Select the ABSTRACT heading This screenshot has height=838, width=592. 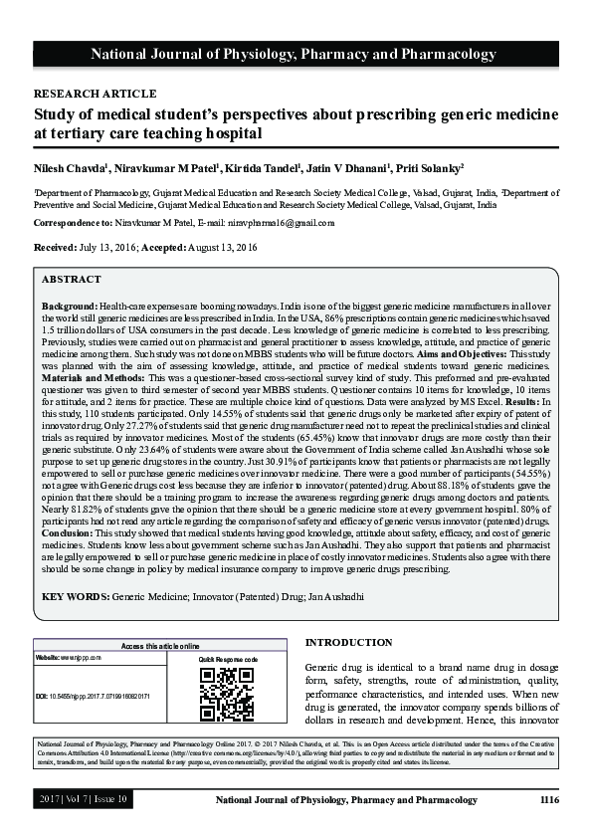coord(72,280)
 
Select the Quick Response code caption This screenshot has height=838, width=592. coord(228,660)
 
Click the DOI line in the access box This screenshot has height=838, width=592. coord(92,697)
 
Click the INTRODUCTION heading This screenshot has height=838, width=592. coord(348,643)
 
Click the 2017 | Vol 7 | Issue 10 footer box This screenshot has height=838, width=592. coord(84,799)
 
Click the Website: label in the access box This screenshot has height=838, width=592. coord(49,659)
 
